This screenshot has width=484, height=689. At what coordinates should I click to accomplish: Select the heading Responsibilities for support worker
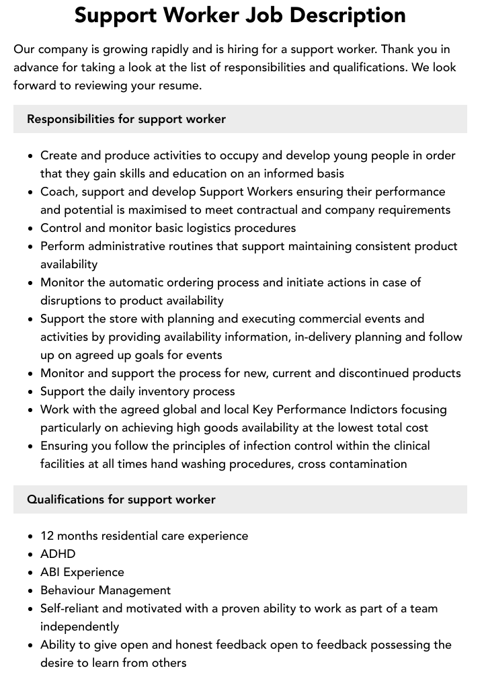[x=126, y=119]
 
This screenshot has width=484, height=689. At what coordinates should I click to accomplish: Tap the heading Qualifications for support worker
[x=121, y=499]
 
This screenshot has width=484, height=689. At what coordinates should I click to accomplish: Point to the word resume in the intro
[x=179, y=85]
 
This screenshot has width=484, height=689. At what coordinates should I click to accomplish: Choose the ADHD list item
[x=58, y=554]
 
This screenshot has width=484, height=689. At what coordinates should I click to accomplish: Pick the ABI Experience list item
[x=82, y=572]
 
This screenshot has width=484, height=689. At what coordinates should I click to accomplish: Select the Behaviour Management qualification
[x=106, y=590]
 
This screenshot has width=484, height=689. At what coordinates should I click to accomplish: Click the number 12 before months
[x=47, y=536]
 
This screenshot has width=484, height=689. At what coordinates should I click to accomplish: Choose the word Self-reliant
[x=71, y=608]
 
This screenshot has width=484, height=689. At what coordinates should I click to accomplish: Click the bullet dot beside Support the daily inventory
[x=30, y=391]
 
